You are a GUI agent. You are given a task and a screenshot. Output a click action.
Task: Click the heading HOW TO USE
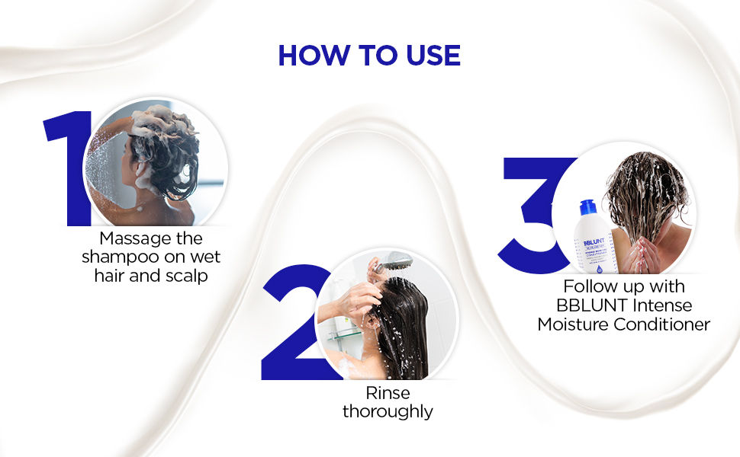[x=369, y=55]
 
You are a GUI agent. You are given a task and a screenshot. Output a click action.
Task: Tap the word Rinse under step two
[x=388, y=393]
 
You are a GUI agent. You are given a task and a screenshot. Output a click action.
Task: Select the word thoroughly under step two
[x=388, y=412]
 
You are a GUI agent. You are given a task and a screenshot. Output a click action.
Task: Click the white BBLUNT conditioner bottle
[x=594, y=244]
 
